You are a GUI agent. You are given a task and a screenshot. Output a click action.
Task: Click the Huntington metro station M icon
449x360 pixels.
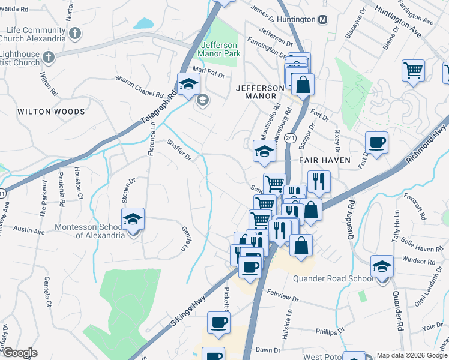[x=323, y=20]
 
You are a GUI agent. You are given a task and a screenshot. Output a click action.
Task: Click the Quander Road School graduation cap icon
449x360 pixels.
[x=382, y=266]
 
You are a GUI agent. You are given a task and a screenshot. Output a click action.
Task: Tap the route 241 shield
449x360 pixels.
[x=290, y=138]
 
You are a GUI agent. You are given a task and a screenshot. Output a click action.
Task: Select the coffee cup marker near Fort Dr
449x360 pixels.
[x=376, y=143]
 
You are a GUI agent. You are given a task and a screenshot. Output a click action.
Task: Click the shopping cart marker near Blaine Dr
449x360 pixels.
[x=414, y=70]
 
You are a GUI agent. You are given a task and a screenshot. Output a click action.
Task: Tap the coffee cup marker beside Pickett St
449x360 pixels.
[x=218, y=323]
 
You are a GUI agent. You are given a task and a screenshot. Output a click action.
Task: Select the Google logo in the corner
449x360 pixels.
[x=20, y=353]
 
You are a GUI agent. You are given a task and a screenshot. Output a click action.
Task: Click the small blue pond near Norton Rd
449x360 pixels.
[x=144, y=24]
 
